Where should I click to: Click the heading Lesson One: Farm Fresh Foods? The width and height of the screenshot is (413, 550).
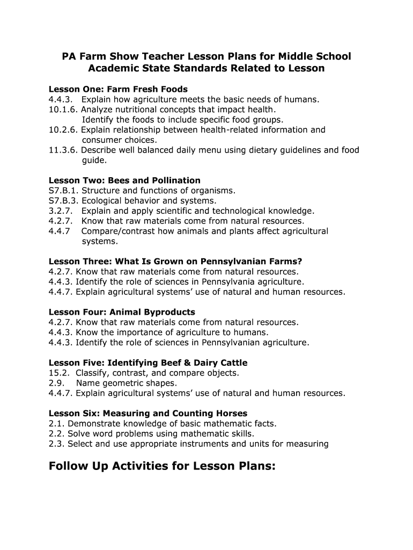click(118, 89)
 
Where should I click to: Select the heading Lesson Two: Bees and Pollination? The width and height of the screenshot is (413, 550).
click(124, 180)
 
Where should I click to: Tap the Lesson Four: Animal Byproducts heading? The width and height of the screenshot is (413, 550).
click(122, 312)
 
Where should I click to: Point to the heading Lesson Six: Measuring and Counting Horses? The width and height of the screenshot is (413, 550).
click(148, 414)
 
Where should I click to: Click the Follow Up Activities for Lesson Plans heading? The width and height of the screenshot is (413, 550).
click(162, 466)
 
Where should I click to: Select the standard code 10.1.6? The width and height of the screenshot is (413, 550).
click(63, 110)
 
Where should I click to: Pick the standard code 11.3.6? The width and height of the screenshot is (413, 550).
click(63, 150)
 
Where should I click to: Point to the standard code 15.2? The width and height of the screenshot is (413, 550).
click(58, 373)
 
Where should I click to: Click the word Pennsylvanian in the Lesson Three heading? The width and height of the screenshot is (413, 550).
click(223, 262)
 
